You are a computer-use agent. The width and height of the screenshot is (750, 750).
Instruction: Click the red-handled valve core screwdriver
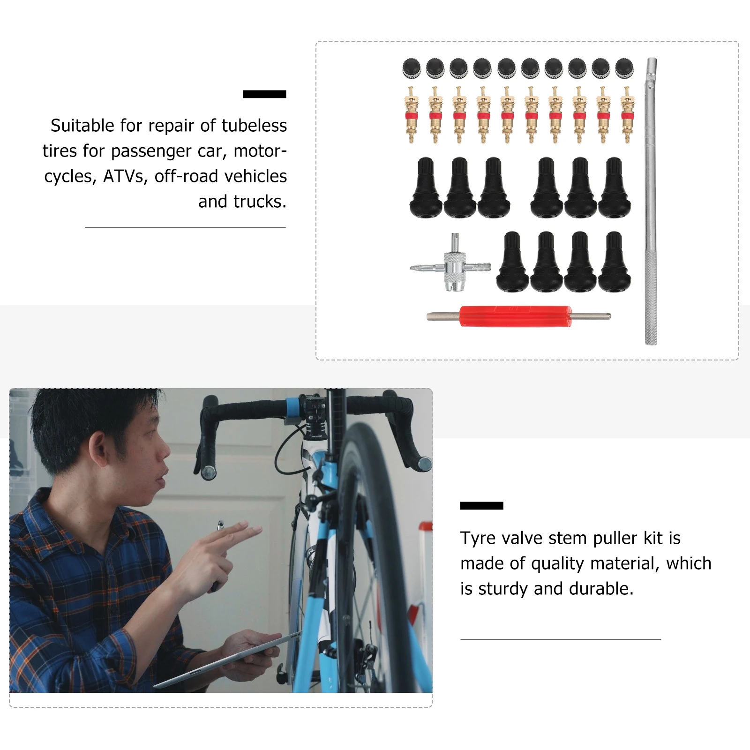pyautogui.click(x=515, y=316)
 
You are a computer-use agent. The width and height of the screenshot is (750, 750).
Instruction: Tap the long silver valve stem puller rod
pyautogui.click(x=651, y=202)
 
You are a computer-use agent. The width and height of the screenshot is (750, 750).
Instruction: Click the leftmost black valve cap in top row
pyautogui.click(x=411, y=68)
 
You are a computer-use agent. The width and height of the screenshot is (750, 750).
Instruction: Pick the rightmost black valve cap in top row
pyautogui.click(x=624, y=68)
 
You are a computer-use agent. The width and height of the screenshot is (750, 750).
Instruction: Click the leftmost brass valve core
pyautogui.click(x=411, y=115)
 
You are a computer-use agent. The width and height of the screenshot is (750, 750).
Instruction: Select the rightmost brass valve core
pyautogui.click(x=626, y=115)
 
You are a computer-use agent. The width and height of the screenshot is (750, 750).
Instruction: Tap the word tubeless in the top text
pyautogui.click(x=254, y=126)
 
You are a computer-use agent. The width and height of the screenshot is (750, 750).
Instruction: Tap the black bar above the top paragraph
pyautogui.click(x=264, y=94)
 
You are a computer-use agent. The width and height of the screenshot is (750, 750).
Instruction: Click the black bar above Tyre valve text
pyautogui.click(x=481, y=506)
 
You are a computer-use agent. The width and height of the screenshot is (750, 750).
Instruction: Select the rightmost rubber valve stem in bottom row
pyautogui.click(x=614, y=262)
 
